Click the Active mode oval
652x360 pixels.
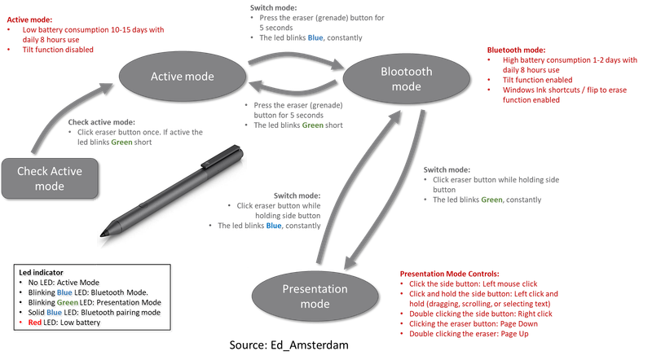(182, 77)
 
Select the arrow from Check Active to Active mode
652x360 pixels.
(57, 114)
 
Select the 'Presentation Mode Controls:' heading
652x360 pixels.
(445, 273)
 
